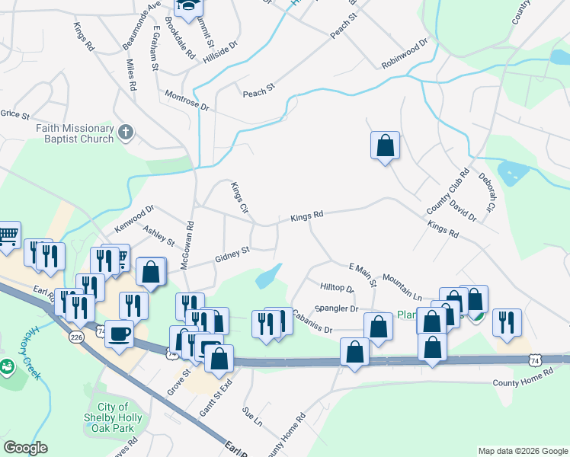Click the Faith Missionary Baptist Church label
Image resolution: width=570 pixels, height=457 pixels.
click(x=74, y=134)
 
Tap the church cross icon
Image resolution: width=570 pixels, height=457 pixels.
click(x=126, y=134)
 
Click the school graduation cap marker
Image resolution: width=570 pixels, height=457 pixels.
click(x=187, y=8)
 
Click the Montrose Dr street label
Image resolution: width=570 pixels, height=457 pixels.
click(x=187, y=101)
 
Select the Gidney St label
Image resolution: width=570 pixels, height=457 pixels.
click(x=232, y=254)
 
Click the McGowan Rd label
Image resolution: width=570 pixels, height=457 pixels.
click(x=188, y=242)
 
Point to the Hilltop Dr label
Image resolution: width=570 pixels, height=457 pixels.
click(x=338, y=288)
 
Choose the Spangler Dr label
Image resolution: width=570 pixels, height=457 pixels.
click(x=336, y=308)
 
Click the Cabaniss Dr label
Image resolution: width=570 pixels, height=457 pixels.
click(x=312, y=324)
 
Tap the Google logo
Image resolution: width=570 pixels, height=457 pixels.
click(x=25, y=448)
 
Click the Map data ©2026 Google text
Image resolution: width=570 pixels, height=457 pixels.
click(x=522, y=451)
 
